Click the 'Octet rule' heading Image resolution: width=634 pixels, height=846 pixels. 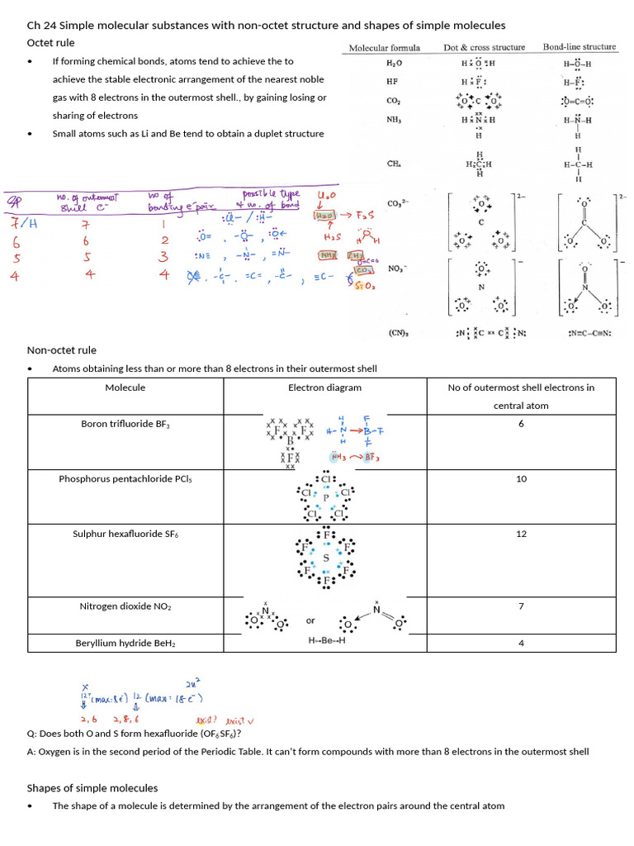[x=51, y=43]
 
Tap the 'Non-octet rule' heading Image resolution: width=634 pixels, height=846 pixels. [x=62, y=350]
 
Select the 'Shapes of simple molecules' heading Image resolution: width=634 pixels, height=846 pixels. [x=92, y=787]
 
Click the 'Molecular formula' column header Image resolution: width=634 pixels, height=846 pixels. [x=385, y=48]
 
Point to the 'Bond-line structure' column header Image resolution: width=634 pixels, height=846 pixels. [x=580, y=47]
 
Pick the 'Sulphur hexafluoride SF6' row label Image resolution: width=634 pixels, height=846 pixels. [x=125, y=535]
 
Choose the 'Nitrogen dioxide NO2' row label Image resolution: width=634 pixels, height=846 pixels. [x=125, y=606]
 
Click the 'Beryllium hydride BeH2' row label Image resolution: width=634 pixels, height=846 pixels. [x=125, y=643]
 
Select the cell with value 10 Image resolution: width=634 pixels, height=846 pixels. [x=521, y=479]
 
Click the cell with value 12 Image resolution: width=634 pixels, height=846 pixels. [x=521, y=535]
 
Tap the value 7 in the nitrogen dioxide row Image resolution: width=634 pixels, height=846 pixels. [x=521, y=606]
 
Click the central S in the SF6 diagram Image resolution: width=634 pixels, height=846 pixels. [x=325, y=558]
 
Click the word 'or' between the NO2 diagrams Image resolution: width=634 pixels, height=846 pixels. [x=310, y=620]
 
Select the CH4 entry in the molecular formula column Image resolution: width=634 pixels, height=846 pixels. [x=394, y=164]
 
